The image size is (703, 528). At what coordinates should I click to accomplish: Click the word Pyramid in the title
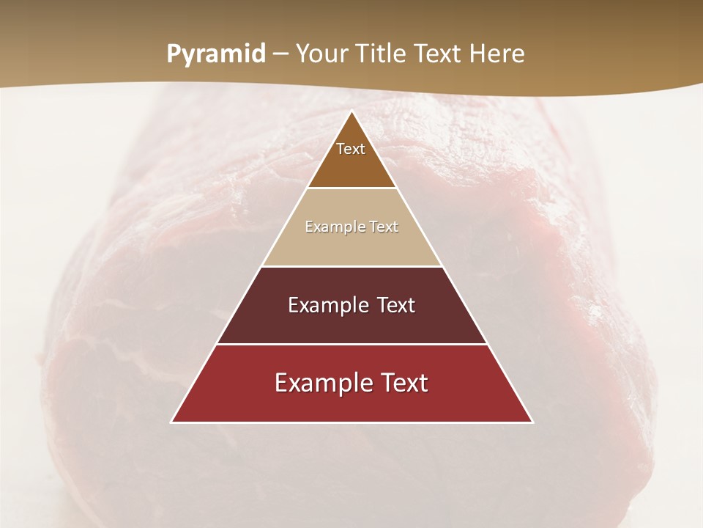216,54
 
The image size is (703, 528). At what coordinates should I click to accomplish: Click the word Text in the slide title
437,54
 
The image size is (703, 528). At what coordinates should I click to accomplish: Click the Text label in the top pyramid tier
351,149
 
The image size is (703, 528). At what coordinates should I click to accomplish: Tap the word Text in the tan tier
384,227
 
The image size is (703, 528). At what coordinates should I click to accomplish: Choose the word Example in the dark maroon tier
327,306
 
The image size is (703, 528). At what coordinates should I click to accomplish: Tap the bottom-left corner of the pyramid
172,422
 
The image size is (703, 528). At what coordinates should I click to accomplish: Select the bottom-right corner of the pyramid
532,422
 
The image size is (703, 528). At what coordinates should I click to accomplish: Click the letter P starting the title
173,54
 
